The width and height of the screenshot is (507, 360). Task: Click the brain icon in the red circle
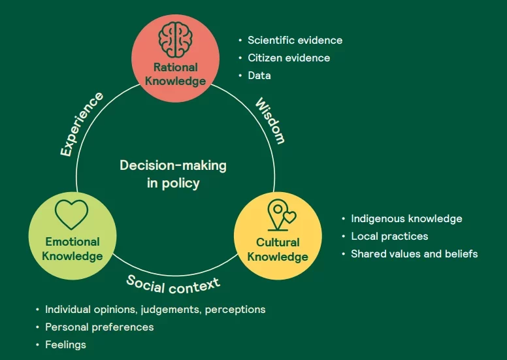175,38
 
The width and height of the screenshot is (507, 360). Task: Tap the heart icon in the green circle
71,213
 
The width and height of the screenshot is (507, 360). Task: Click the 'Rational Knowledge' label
175,74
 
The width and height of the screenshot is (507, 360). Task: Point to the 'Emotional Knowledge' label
72,248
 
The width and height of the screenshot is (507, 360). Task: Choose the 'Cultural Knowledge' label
278,250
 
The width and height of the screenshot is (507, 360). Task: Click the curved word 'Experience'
82,124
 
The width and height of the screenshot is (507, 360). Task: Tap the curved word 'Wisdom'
270,121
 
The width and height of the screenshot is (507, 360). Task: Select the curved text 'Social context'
173,284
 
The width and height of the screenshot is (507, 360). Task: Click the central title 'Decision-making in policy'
173,174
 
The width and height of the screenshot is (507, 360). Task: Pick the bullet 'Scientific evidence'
295,40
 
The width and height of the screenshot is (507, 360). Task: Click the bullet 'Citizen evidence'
289,57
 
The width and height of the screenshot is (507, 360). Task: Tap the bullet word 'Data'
259,75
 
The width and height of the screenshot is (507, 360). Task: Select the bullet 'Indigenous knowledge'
406,219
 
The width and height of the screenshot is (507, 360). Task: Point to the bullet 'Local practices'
389,236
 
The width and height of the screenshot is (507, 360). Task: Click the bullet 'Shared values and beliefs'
414,254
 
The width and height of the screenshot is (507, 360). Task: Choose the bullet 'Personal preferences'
99,327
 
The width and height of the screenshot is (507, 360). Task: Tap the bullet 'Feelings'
65,344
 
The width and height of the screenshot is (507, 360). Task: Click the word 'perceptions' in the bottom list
235,309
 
